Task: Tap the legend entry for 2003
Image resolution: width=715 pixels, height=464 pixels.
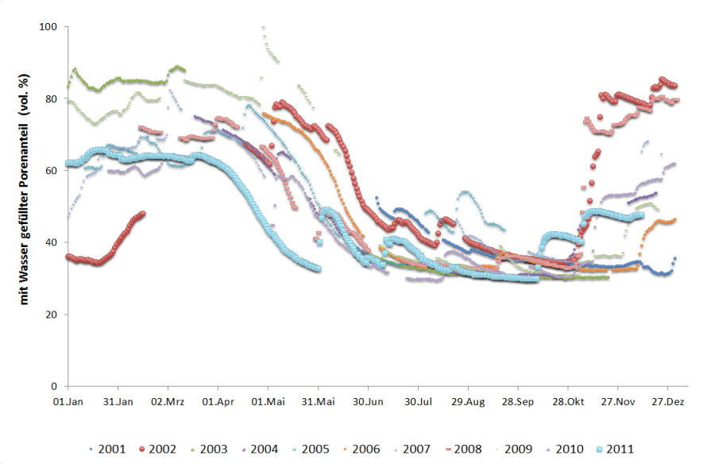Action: (x=208, y=449)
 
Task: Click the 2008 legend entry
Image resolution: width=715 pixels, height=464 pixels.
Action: (x=462, y=449)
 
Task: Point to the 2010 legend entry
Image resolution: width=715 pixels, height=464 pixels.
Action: (x=565, y=449)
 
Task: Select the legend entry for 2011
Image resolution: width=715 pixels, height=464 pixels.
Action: (x=616, y=449)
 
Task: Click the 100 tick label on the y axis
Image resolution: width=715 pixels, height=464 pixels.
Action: (x=49, y=27)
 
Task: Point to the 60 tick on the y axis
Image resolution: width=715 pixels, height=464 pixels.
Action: (x=52, y=171)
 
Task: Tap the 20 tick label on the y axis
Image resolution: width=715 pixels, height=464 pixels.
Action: (x=52, y=315)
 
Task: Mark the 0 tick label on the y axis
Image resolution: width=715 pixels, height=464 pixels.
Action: (x=55, y=386)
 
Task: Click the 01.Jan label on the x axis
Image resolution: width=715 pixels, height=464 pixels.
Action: (x=68, y=401)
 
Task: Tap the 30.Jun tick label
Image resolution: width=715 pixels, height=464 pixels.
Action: (x=368, y=401)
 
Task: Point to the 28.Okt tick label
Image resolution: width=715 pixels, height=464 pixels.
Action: (x=568, y=401)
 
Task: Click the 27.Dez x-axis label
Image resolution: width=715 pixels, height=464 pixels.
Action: (x=667, y=401)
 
